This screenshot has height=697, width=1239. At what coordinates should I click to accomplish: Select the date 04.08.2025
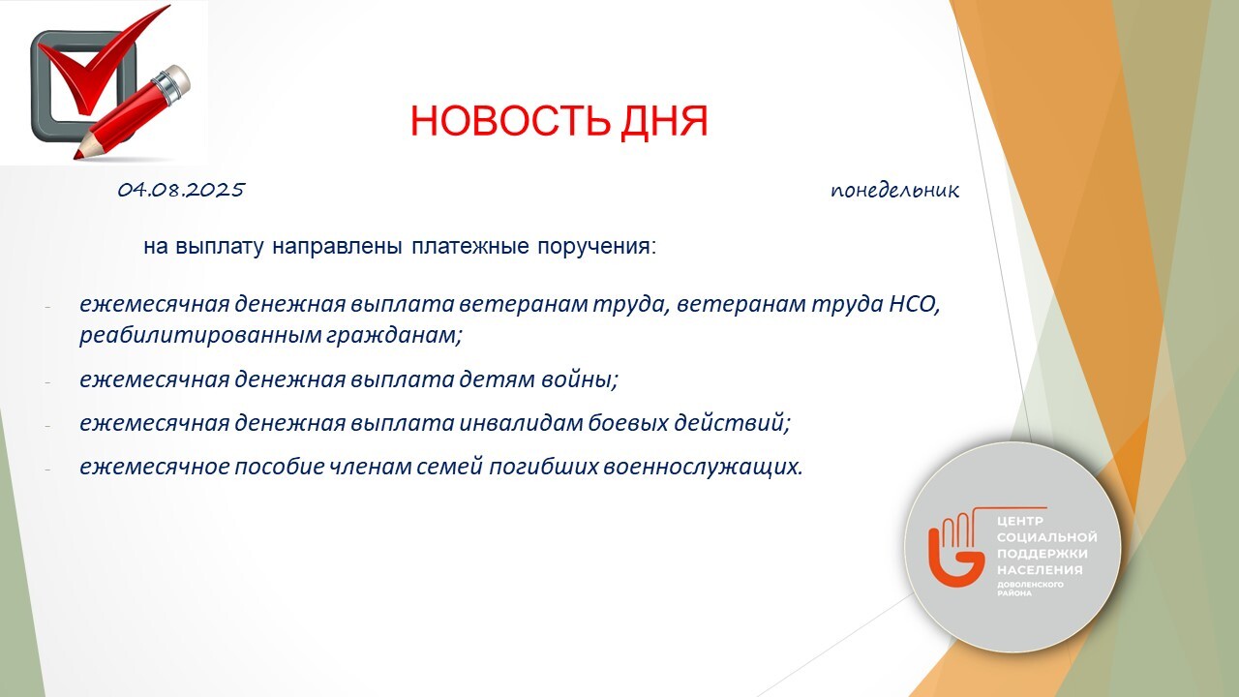181,191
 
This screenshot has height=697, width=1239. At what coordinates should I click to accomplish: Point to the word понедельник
894,192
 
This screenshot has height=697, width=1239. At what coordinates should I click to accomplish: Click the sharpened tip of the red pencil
78,156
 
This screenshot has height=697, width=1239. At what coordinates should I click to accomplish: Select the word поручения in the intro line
597,247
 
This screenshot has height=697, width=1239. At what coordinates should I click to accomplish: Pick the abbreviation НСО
915,305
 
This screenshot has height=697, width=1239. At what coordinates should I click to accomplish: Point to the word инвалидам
521,423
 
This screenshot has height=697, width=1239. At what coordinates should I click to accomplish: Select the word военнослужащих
703,468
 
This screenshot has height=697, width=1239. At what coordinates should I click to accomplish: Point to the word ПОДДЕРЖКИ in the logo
1035,554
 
